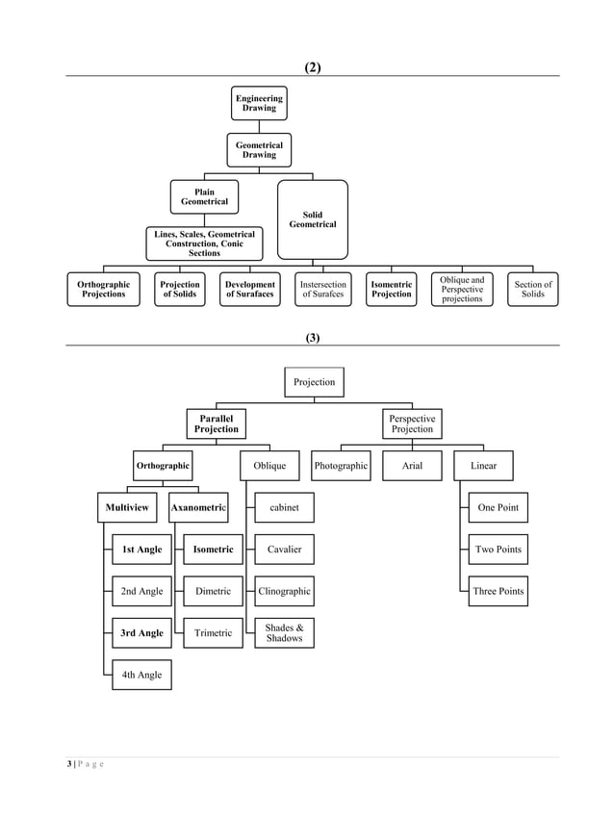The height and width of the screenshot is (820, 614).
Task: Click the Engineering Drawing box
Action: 259,104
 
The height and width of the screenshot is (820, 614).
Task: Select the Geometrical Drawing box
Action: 259,150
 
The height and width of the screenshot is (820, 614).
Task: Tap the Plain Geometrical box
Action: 204,197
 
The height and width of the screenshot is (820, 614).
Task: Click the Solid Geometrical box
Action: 313,219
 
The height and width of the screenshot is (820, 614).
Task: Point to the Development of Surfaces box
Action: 250,290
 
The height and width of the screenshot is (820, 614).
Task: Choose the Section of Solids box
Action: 532,290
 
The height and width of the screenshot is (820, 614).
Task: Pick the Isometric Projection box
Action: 392,290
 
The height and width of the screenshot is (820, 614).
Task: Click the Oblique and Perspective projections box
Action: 462,290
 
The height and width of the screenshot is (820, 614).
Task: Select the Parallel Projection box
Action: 217,424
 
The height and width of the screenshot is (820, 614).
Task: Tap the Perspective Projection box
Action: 412,424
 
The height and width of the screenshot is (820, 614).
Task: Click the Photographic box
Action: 341,467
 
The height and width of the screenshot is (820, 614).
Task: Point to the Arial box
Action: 412,467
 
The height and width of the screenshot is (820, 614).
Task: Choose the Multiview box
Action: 127,507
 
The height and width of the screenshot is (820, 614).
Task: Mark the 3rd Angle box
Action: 141,633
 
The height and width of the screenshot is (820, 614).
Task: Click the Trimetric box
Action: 213,633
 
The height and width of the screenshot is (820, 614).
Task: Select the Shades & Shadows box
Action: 284,633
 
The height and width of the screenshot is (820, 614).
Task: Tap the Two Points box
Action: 498,550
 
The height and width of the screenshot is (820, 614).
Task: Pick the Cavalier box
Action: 284,550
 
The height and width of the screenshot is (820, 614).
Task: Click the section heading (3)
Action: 312,338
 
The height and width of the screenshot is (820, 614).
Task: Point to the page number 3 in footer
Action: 69,764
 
